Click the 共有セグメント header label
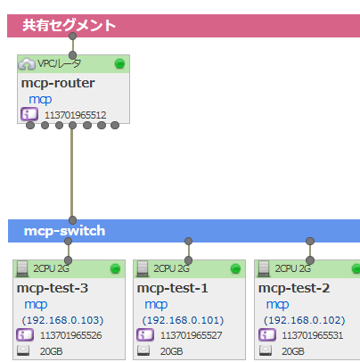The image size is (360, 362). pyautogui.click(x=69, y=25)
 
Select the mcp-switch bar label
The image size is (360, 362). pyautogui.click(x=65, y=231)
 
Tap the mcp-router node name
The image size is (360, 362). pyautogui.click(x=58, y=83)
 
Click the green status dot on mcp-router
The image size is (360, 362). pyautogui.click(x=119, y=63)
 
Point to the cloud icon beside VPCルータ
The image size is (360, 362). pyautogui.click(x=27, y=64)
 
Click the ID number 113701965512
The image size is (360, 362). pyautogui.click(x=76, y=115)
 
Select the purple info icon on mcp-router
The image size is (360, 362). pyautogui.click(x=29, y=114)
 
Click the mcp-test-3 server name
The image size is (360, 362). pyautogui.click(x=53, y=288)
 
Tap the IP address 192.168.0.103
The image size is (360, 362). pyautogui.click(x=62, y=320)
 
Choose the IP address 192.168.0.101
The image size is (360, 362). pyautogui.click(x=183, y=320)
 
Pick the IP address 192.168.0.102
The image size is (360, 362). pyautogui.click(x=305, y=320)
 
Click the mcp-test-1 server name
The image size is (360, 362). pyautogui.click(x=173, y=288)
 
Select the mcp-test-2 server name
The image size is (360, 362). pyautogui.click(x=294, y=288)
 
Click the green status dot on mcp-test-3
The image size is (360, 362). pyautogui.click(x=115, y=268)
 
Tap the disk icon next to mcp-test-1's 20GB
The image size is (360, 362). pyautogui.click(x=143, y=350)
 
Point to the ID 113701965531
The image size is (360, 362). pyautogui.click(x=313, y=335)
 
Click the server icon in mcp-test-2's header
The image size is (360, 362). pyautogui.click(x=264, y=268)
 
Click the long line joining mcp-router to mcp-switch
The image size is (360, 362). pyautogui.click(x=72, y=173)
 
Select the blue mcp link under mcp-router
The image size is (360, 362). pyautogui.click(x=40, y=100)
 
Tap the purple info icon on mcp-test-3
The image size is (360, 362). pyautogui.click(x=25, y=335)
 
